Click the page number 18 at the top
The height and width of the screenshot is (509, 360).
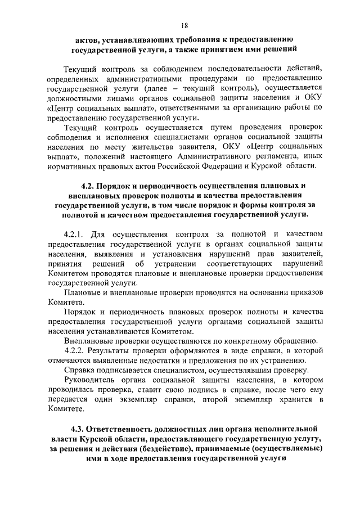point(184,25)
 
